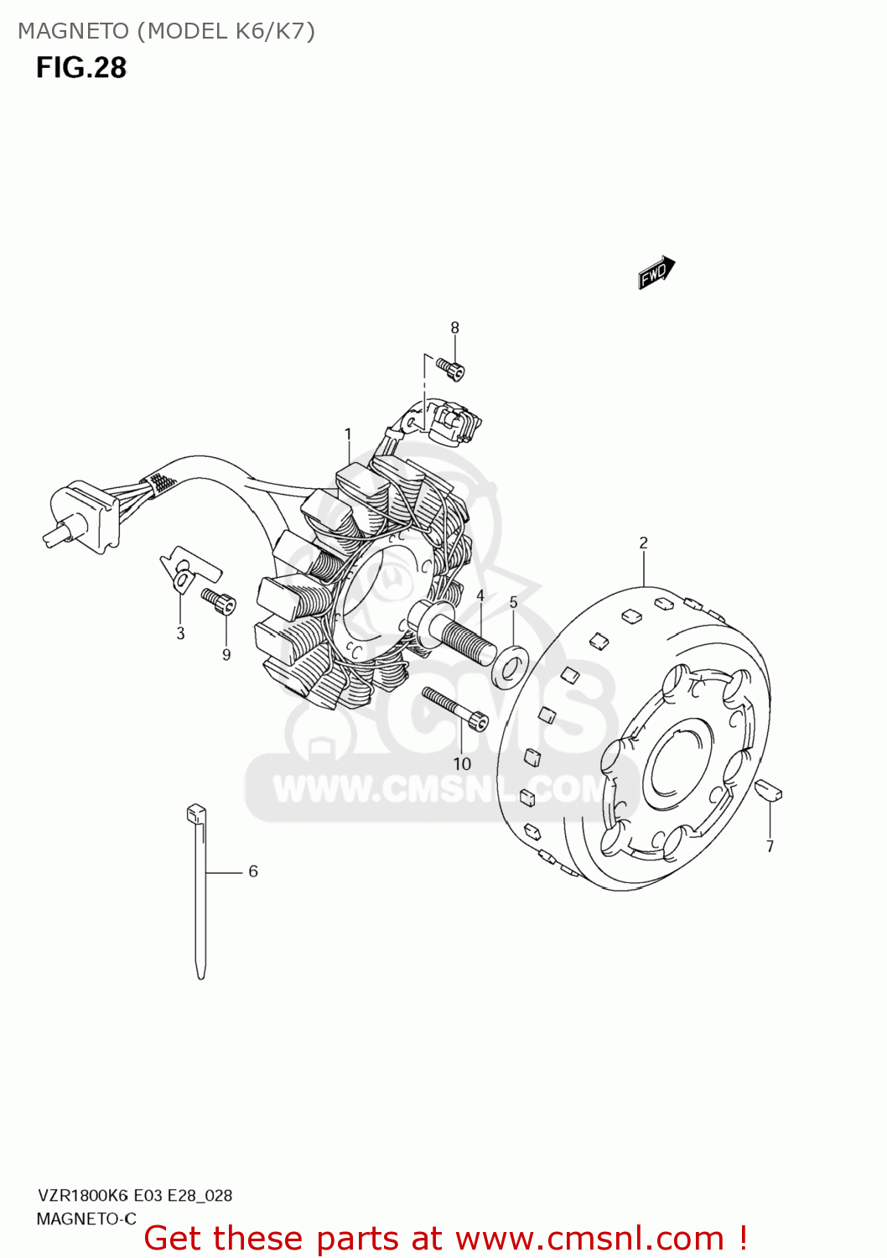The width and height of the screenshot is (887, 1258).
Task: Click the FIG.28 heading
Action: [80, 67]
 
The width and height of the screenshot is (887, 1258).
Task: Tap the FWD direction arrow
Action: [656, 273]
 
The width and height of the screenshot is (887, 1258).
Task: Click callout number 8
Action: [455, 328]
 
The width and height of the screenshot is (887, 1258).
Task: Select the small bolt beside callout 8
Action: [451, 367]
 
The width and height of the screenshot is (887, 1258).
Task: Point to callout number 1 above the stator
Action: [348, 434]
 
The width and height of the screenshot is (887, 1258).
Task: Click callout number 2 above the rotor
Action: [643, 543]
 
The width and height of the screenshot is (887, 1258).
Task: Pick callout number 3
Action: [180, 633]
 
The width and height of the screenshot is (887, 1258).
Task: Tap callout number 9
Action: [226, 654]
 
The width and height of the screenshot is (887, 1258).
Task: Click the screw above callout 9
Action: [219, 601]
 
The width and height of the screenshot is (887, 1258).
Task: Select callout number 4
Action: [480, 595]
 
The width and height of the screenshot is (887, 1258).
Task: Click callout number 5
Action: [514, 602]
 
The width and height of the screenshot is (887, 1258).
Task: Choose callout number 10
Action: [462, 763]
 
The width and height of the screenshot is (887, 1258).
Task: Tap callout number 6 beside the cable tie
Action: [253, 871]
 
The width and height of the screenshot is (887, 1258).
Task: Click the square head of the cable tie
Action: [195, 813]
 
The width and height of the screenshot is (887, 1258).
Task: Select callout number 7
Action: [770, 846]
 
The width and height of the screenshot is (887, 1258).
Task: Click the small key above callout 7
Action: [769, 790]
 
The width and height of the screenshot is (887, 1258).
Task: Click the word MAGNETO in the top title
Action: [73, 31]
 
